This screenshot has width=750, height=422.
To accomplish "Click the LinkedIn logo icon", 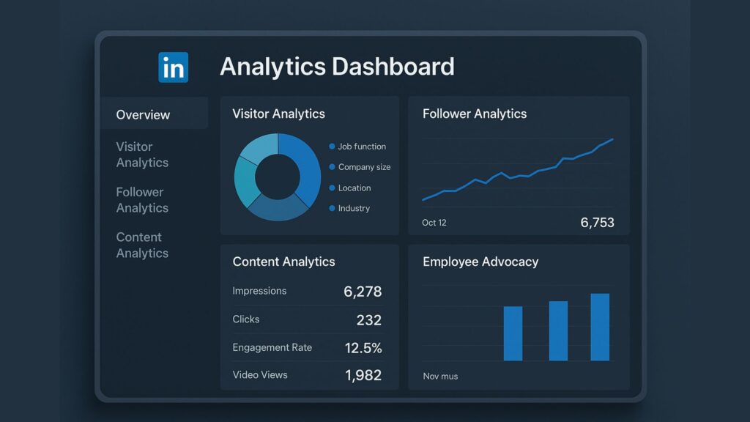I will click(x=173, y=67).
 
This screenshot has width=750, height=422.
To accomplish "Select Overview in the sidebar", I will click(x=143, y=114).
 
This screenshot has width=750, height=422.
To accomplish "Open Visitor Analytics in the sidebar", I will click(x=142, y=155).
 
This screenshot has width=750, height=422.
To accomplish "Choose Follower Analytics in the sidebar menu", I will click(x=142, y=200).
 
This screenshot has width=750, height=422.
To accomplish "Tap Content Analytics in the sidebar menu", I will click(x=142, y=245).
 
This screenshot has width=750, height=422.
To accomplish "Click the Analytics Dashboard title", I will click(x=337, y=67).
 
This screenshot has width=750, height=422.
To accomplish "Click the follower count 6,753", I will click(x=597, y=223).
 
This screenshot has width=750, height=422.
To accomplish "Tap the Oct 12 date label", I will click(x=434, y=223).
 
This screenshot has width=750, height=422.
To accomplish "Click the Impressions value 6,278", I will click(x=363, y=292).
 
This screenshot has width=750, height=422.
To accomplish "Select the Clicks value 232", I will click(x=369, y=320).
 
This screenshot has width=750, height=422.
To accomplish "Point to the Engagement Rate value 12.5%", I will click(x=363, y=348).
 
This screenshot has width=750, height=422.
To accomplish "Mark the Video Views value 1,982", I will click(x=363, y=376).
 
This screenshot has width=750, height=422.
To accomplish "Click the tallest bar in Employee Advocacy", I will click(x=600, y=327).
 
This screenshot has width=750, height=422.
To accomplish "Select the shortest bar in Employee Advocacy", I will click(x=513, y=333).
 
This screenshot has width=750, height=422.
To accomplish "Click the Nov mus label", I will click(x=440, y=377).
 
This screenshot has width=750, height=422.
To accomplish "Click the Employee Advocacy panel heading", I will click(x=480, y=262).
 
